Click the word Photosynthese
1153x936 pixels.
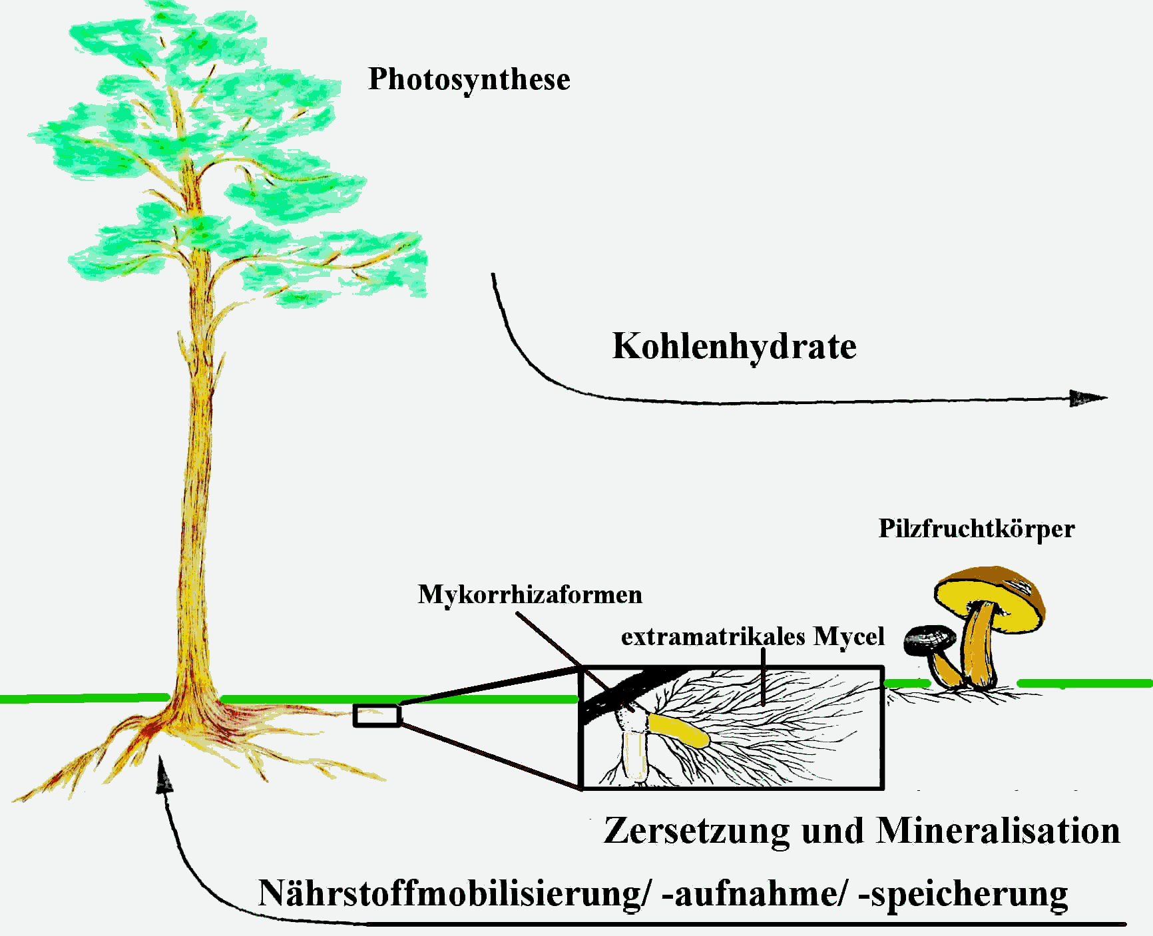coord(469,80)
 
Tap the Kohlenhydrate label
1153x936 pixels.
coord(734,347)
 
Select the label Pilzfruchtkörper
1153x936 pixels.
coord(976,529)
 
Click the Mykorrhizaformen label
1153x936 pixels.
coord(530,594)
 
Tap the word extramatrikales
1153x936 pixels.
coord(713,637)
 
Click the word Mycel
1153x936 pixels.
coord(849,637)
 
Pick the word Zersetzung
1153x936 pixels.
coord(696,831)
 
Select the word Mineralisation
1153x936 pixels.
coord(998,831)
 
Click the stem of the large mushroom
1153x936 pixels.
coord(977,649)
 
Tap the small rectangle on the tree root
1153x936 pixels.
coord(377,715)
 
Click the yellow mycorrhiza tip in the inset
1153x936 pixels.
coord(679,730)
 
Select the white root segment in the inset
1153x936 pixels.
coord(635,756)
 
